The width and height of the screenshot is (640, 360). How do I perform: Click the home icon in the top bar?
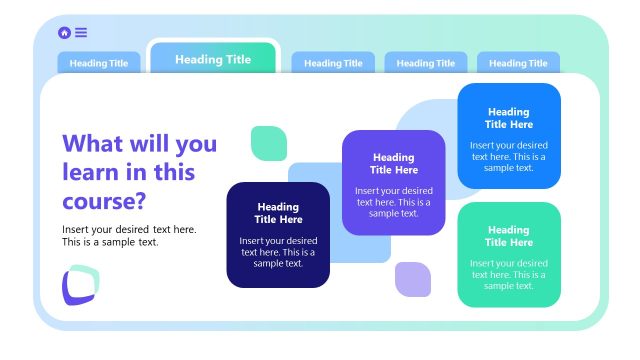[65, 33]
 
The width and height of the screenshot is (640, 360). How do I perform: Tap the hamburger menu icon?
[81, 33]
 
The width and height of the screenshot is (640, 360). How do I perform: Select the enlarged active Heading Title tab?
[213, 59]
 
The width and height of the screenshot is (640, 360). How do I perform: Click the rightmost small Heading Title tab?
[518, 63]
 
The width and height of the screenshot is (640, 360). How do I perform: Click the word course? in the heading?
[104, 201]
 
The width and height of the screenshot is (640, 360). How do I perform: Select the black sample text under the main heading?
[128, 236]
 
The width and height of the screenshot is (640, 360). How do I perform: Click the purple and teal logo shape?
[80, 285]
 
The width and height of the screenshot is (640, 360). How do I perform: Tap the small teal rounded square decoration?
[268, 143]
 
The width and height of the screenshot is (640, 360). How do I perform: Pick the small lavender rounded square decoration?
[412, 279]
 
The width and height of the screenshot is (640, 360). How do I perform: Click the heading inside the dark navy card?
[278, 213]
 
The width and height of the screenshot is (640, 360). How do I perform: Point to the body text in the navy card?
[278, 252]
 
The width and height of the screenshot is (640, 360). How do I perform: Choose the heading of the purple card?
[393, 163]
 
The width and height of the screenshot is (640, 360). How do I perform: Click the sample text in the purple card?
[393, 201]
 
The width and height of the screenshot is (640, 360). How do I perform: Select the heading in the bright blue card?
[508, 118]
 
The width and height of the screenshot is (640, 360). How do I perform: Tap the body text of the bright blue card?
[508, 156]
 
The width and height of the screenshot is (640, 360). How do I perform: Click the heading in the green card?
[508, 236]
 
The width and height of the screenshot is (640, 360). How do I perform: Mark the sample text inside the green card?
[508, 274]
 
